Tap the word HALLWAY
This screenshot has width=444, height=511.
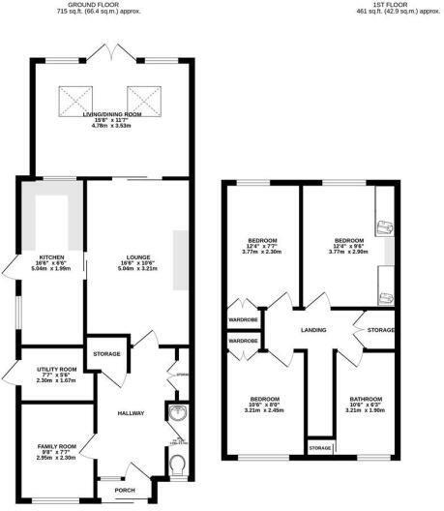(x=131, y=413)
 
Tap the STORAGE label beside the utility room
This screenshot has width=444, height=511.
(x=107, y=354)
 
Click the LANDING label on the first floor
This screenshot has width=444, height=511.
(x=313, y=330)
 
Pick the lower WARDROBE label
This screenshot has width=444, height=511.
(x=242, y=341)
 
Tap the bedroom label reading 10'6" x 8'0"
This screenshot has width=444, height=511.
(x=263, y=399)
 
